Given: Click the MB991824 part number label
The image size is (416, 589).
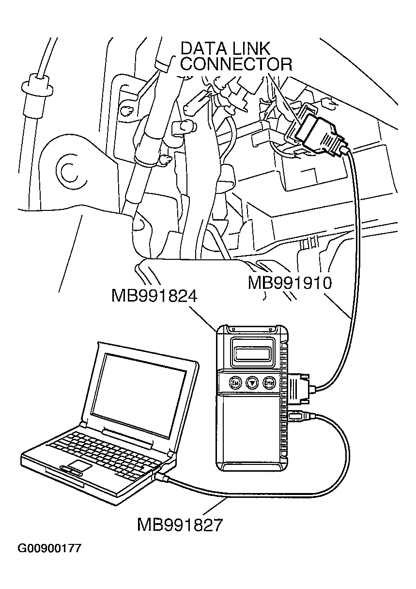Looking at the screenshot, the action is (x=154, y=296).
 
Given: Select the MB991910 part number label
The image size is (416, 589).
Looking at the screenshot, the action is (x=290, y=283).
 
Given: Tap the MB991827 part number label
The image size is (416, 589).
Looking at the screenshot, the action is (x=180, y=525).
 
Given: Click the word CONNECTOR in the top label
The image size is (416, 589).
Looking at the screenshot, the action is (x=236, y=64).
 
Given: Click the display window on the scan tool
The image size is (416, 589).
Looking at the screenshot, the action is (x=253, y=353).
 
